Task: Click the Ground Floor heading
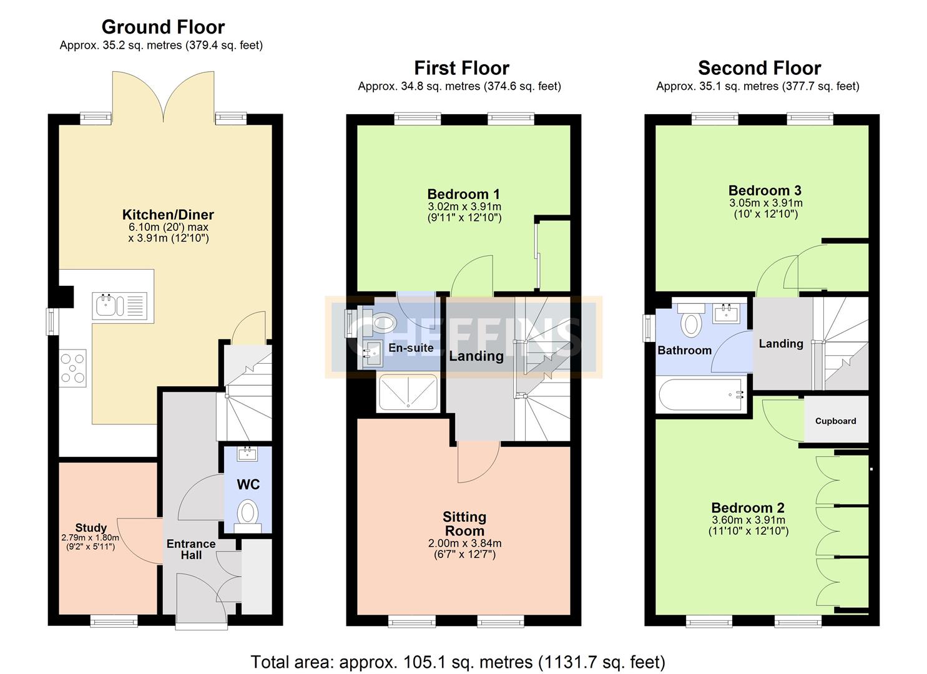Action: (163, 27)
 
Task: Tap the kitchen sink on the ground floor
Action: (120, 306)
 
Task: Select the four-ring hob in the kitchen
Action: (72, 368)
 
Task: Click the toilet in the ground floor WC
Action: (248, 515)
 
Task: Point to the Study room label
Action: (91, 527)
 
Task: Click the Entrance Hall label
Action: (191, 549)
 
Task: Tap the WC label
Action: (248, 484)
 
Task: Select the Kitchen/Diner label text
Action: (168, 215)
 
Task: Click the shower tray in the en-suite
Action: (408, 393)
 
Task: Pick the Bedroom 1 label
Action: (463, 194)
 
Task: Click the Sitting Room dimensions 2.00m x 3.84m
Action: (464, 543)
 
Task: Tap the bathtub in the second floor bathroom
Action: (702, 394)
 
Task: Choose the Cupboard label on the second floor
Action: (835, 421)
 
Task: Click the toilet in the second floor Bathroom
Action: (691, 321)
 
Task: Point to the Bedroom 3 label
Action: (765, 190)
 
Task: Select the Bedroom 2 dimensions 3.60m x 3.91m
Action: (748, 520)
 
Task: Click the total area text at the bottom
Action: (458, 662)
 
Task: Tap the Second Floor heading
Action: (760, 68)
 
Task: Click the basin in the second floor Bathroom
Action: (726, 313)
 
